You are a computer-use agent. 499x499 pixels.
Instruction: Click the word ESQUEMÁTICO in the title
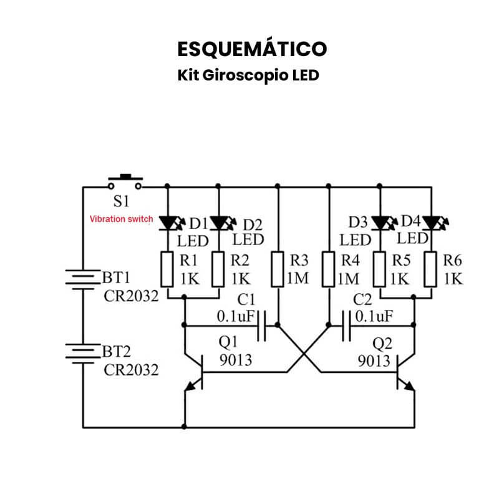251,49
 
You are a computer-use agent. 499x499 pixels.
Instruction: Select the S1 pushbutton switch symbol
125,183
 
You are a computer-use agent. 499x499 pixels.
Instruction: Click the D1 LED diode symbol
168,222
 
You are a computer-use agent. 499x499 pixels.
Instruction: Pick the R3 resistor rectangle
278,268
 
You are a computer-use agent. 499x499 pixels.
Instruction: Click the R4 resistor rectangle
329,268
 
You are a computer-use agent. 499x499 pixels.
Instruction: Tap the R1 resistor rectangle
168,268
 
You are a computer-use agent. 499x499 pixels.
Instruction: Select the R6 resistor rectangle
431,268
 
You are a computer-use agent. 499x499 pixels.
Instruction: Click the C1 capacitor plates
262,324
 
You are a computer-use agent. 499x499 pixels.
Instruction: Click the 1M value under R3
298,278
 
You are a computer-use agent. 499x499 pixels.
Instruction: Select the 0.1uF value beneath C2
374,316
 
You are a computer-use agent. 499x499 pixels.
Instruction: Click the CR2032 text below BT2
131,370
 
